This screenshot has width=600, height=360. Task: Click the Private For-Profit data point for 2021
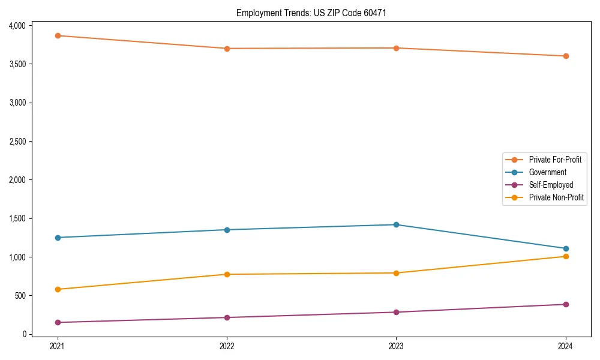coord(58,35)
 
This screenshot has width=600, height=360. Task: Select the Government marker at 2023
coord(396,224)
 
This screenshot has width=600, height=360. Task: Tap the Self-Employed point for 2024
coord(565,304)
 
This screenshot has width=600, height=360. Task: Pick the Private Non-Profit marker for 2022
coord(227,274)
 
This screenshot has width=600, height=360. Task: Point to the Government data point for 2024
coord(565,248)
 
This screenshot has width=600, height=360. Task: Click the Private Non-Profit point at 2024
coord(565,256)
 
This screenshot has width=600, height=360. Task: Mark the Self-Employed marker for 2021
coord(58,322)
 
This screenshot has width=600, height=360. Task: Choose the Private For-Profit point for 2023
coord(396,48)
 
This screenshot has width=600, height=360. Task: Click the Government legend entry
coord(547,172)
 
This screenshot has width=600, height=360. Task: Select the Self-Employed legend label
coord(551,185)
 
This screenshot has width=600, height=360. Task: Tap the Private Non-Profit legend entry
coord(556,197)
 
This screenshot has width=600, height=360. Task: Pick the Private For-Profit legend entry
coord(555,160)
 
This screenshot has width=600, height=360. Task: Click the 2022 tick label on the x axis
coord(227,346)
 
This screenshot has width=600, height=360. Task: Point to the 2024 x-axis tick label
coord(565,346)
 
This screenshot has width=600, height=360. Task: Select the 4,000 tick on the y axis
coord(17,25)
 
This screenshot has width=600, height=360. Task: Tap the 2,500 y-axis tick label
coord(17,141)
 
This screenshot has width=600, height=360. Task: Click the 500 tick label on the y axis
coord(21,295)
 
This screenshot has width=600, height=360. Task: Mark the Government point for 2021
coord(58,238)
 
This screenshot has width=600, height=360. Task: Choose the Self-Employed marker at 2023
coord(396,312)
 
